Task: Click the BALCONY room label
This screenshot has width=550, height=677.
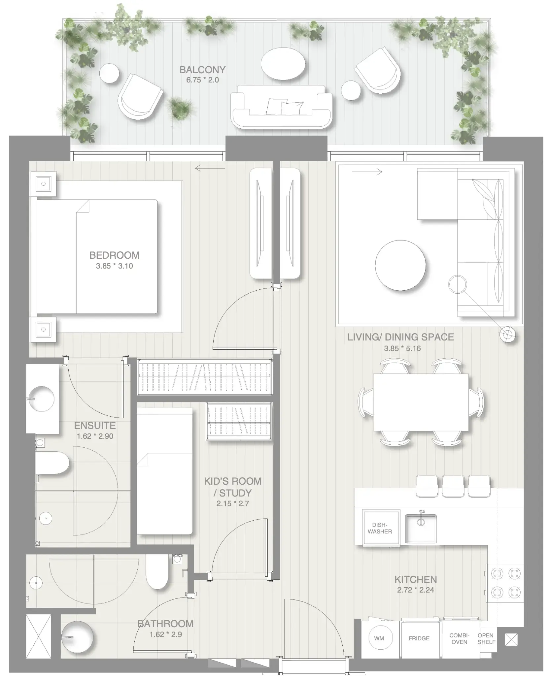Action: click(x=202, y=70)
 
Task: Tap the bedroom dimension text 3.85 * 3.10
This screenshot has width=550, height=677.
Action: click(x=114, y=266)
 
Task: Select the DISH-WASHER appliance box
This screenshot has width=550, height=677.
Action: click(x=380, y=528)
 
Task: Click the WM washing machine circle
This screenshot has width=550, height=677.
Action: click(x=379, y=638)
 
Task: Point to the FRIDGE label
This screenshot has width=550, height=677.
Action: click(x=419, y=638)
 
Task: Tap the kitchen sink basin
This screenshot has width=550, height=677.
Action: click(x=421, y=528)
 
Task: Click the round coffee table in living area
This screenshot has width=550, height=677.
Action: click(x=400, y=265)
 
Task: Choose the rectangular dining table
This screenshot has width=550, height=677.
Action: click(x=421, y=402)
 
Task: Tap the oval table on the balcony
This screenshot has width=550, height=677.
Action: click(x=283, y=64)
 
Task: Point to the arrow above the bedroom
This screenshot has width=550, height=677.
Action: click(x=210, y=169)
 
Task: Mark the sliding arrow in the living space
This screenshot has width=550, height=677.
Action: click(x=367, y=172)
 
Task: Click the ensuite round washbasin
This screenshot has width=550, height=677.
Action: click(x=41, y=399)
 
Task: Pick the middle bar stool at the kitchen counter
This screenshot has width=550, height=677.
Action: click(x=453, y=486)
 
